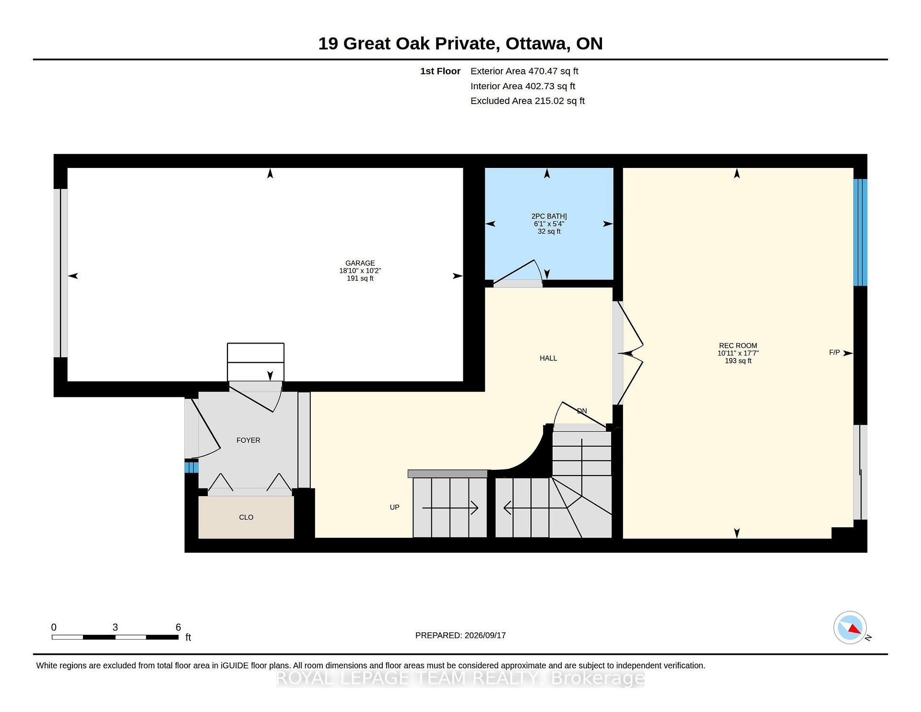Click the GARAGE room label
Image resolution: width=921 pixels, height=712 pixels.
click(360, 263)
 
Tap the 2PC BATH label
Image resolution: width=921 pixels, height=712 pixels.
click(549, 216)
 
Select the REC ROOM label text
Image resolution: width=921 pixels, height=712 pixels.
click(738, 345)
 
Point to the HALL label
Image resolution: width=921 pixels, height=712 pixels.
click(548, 358)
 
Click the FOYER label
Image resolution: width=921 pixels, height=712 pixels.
click(248, 440)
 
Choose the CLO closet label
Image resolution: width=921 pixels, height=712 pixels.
click(246, 517)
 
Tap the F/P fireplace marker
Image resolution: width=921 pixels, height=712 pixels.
click(834, 353)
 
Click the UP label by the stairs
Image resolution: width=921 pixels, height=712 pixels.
click(394, 507)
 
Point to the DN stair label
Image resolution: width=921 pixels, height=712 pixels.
click(581, 411)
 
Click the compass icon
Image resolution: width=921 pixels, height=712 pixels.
click(850, 627)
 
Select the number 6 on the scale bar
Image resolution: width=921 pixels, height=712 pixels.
click(178, 627)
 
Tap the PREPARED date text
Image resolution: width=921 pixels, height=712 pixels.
click(460, 635)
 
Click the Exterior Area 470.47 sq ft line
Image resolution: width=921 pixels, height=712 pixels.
click(524, 71)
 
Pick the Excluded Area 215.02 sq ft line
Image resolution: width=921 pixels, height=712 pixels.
click(528, 101)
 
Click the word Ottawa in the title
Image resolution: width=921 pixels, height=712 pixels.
click(537, 44)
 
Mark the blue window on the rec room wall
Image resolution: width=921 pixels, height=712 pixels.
click(860, 233)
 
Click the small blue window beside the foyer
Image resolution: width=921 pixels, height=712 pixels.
click(191, 467)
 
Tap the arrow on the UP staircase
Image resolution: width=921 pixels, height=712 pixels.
click(450, 508)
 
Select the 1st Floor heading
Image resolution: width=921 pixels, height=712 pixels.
click(440, 71)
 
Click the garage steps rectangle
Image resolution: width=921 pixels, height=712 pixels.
click(256, 362)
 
